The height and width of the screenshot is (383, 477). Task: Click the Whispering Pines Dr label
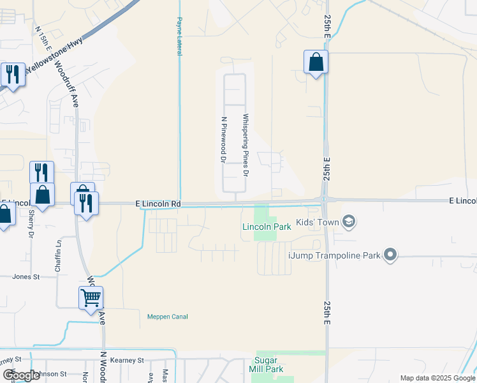245,146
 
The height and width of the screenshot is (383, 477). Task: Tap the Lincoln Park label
267,227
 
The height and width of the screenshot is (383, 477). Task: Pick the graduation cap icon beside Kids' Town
348,222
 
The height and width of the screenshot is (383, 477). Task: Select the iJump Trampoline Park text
334,255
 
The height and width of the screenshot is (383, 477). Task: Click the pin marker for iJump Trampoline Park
391,255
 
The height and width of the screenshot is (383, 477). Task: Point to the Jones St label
26,277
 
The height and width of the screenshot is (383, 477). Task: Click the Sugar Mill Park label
269,364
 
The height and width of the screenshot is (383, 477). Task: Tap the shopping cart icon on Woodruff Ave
91,297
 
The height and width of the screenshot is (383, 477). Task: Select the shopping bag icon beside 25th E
316,63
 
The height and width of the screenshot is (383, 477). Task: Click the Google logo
21,375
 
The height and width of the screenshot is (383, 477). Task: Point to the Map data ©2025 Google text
437,378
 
